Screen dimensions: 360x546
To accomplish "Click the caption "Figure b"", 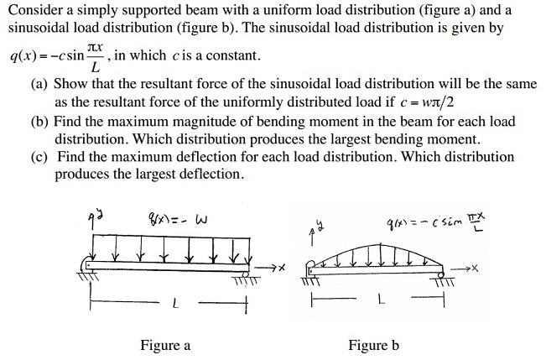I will point(374,345).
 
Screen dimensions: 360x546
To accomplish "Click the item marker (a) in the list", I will point(39,85).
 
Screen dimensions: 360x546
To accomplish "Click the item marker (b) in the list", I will point(39,122).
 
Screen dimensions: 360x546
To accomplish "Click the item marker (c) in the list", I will point(39,158).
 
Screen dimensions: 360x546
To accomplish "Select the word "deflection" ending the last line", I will point(210,175).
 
